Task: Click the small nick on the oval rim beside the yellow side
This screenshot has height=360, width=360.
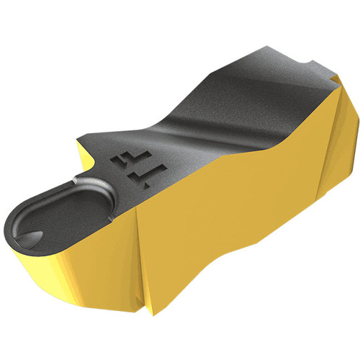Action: click(x=110, y=218)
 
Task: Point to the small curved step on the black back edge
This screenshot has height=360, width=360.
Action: click(x=308, y=63)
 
